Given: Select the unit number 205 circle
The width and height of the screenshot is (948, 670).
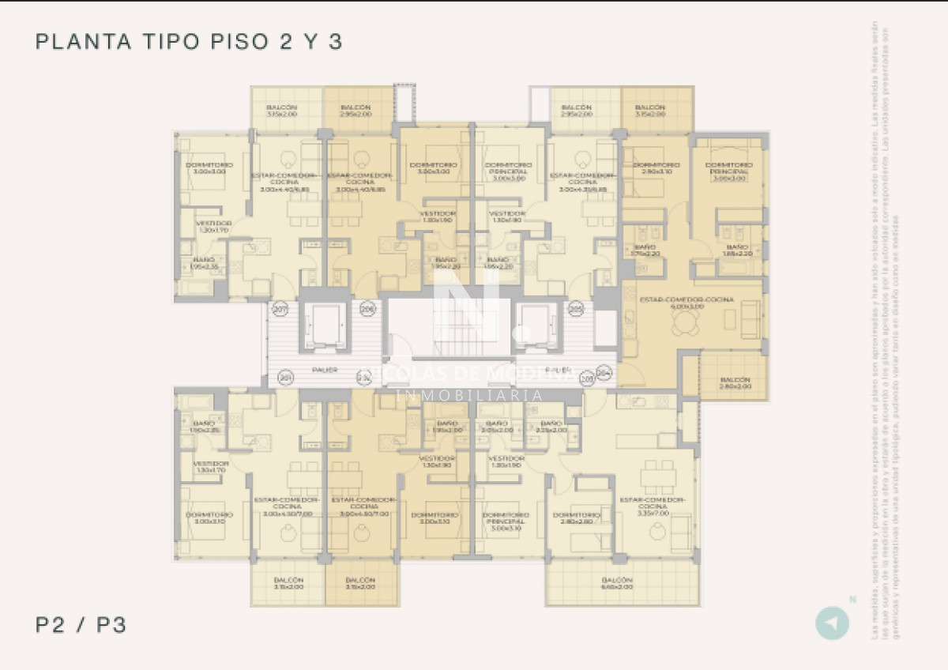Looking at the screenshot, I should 576,309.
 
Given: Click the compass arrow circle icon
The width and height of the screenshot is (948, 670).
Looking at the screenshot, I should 832,623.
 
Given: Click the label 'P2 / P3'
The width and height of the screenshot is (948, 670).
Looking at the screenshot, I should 81,626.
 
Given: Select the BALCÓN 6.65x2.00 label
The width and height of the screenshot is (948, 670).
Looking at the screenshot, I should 617,583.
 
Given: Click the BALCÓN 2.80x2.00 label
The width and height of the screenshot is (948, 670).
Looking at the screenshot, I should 735,384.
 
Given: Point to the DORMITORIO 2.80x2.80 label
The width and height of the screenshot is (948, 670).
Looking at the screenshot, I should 577,518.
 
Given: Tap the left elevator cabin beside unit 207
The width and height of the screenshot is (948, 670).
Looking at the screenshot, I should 324,325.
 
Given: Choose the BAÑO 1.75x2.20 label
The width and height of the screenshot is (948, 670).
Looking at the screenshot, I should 645,250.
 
